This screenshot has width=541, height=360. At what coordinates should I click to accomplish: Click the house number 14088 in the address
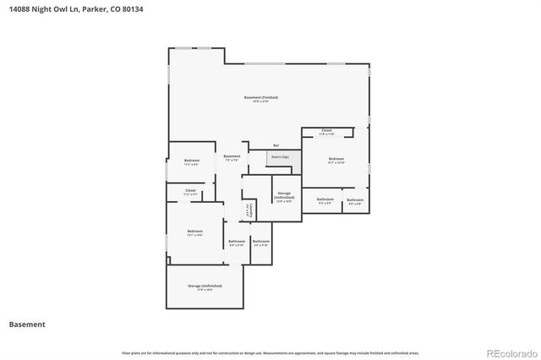(x=18, y=9)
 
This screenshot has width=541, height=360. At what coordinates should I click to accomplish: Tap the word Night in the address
(x=42, y=9)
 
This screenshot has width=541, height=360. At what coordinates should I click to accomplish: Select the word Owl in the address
(x=62, y=9)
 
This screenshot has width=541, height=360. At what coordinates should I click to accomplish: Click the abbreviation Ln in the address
(x=74, y=9)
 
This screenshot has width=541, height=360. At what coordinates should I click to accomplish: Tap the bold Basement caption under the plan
(x=27, y=324)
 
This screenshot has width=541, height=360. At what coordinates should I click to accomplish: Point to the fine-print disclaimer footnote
(x=270, y=352)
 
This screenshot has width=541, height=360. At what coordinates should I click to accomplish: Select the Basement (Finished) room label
(x=260, y=99)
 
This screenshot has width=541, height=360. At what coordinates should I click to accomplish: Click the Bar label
(x=276, y=145)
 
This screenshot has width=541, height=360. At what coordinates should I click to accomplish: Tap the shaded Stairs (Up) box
(x=280, y=158)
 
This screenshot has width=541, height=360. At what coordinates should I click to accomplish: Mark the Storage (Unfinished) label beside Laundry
(x=284, y=197)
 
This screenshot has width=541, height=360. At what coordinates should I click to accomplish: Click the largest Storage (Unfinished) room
(x=205, y=288)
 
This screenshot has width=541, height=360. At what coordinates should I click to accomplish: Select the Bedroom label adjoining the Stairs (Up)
(x=336, y=160)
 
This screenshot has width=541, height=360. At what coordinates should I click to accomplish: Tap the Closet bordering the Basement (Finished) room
(x=326, y=131)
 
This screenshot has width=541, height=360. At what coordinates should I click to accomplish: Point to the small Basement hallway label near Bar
(x=232, y=157)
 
